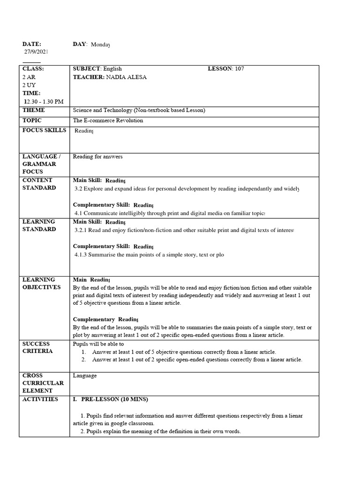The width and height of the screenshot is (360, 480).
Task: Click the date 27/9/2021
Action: [36, 52]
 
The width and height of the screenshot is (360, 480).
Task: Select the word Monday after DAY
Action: [100, 45]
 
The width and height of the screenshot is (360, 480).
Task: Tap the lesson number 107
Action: [239, 69]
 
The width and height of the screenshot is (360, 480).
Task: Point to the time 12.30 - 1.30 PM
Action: [44, 101]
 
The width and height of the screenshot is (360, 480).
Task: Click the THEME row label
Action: [34, 111]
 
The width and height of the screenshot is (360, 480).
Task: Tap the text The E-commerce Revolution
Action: [108, 120]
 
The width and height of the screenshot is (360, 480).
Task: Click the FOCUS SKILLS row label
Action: [44, 130]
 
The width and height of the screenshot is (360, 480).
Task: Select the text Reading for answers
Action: [97, 157]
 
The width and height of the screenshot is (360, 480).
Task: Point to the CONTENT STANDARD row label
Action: [39, 184]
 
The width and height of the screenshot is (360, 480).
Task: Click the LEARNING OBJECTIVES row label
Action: [41, 283]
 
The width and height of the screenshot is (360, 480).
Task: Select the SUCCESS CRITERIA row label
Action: [37, 347]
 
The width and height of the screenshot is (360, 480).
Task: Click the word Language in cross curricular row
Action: [85, 375]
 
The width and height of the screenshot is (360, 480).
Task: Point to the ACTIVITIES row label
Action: [40, 399]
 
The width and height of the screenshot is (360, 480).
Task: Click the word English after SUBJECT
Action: [112, 69]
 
